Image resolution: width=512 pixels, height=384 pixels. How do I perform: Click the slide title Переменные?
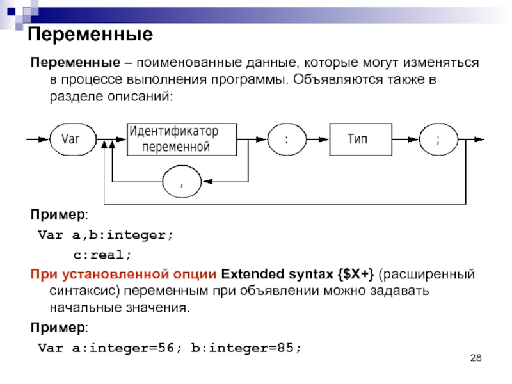pos(89,35)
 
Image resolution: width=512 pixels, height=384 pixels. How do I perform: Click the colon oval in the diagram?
pos(286,139)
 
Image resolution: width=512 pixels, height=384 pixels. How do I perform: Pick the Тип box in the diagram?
pos(360,139)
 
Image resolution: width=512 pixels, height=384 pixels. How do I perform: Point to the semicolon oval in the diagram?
pos(438,139)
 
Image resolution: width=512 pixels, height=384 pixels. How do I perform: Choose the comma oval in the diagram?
pos(182,182)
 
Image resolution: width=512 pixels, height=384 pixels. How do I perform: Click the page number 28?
pos(475,356)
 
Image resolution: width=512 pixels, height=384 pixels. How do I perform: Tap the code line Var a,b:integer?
pos(106,235)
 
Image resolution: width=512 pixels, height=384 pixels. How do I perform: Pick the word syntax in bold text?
pos(308,275)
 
